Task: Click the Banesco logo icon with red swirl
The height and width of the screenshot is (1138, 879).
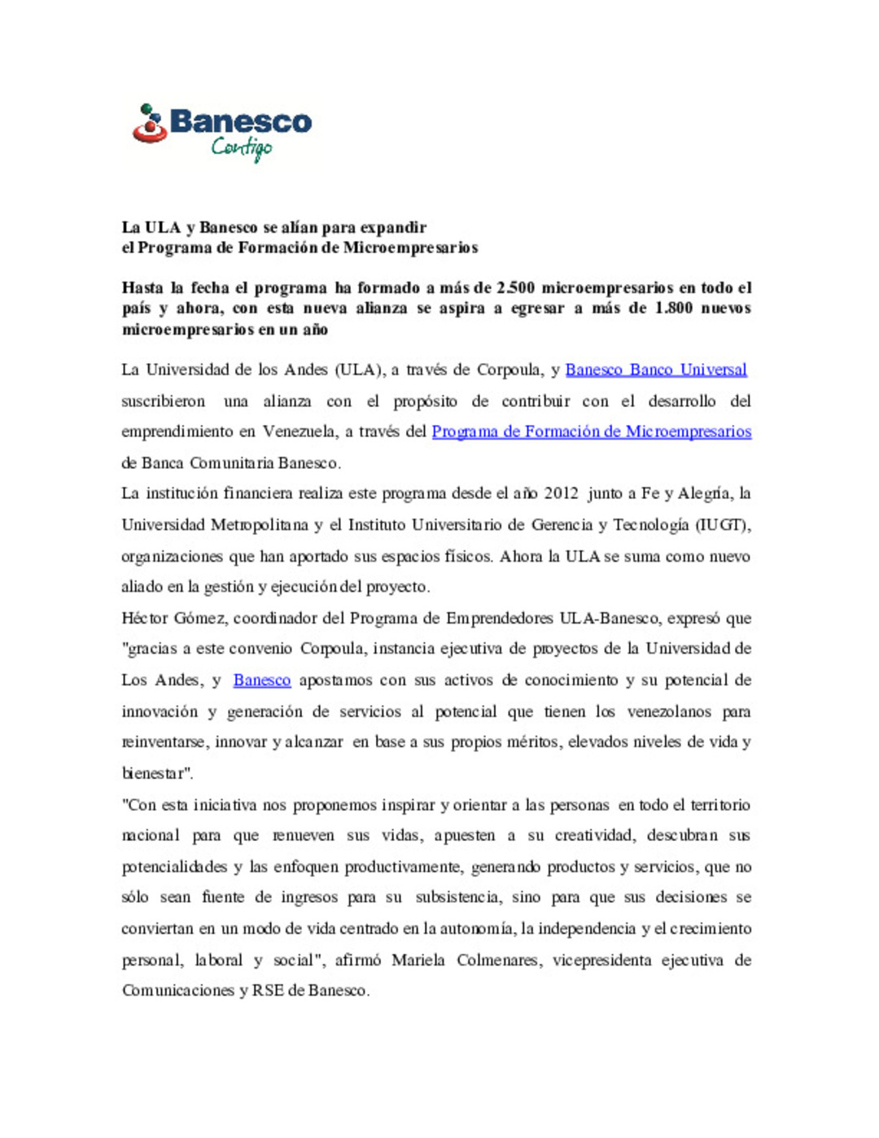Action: (150, 125)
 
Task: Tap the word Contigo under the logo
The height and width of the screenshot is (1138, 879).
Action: (242, 147)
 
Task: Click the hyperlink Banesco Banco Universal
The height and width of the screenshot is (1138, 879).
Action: (656, 370)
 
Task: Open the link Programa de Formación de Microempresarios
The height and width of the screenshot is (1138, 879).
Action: (591, 431)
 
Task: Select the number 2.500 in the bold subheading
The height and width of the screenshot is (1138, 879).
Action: (515, 287)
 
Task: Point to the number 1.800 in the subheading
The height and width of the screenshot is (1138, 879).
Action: (674, 308)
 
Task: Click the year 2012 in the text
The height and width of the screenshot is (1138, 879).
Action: (561, 493)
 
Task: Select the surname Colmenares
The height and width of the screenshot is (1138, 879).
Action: (498, 960)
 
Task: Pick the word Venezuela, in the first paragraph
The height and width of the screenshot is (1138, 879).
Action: (300, 431)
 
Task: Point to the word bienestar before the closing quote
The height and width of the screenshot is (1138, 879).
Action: (154, 773)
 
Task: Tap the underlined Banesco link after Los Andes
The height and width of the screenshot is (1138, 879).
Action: (261, 680)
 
